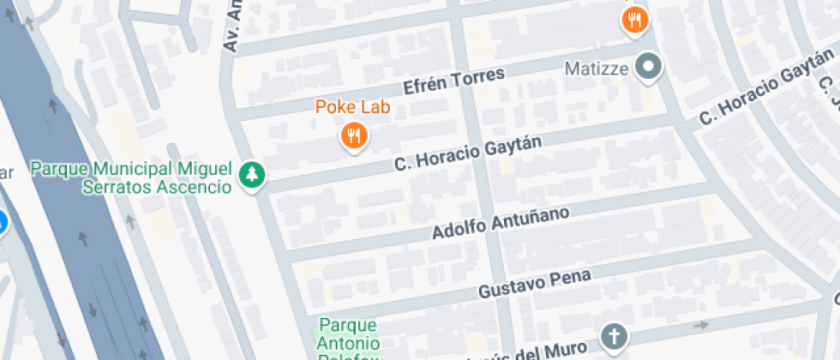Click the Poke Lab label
(352, 107)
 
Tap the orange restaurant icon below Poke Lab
(353, 135)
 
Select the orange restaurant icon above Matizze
(634, 21)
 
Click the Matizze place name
(597, 67)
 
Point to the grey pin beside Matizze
(649, 67)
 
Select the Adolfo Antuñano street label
(501, 222)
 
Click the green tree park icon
(253, 175)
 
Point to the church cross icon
(614, 337)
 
